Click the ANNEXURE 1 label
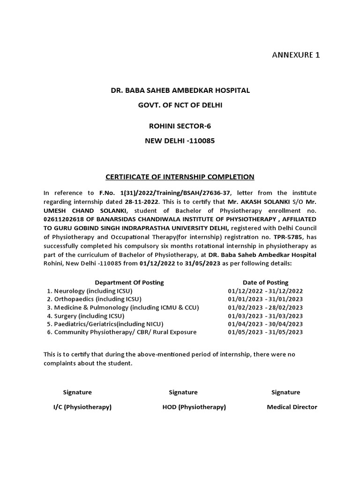(x=296, y=55)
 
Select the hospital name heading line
(x=180, y=90)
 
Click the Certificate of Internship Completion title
(x=180, y=177)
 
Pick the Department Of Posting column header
(x=129, y=283)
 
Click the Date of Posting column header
(x=265, y=283)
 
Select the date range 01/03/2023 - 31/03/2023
(x=265, y=315)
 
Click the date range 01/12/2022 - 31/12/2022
(x=265, y=291)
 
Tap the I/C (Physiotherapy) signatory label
(x=82, y=407)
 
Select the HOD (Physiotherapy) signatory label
(x=194, y=407)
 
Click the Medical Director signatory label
(x=292, y=407)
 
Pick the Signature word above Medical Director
(x=285, y=392)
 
